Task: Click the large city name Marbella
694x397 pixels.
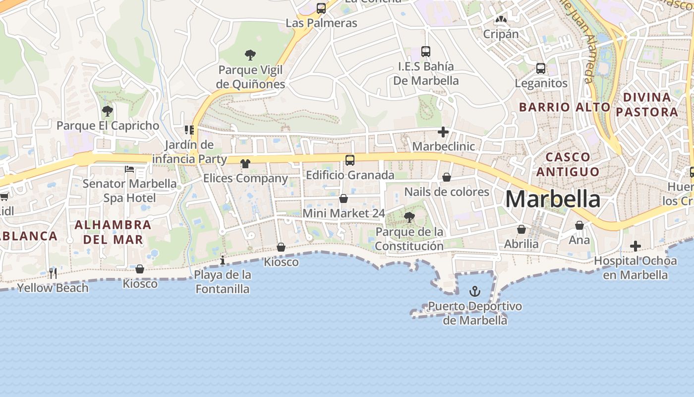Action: point(553,199)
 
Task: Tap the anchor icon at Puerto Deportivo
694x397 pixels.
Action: point(475,291)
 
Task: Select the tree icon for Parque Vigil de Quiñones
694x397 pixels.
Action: point(250,55)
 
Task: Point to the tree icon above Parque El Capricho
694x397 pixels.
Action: point(107,111)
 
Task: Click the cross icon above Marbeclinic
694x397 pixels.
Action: point(443,132)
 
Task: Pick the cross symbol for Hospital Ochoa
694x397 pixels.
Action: point(635,246)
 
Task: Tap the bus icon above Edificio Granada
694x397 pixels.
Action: point(350,160)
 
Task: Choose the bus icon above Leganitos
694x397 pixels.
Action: point(541,68)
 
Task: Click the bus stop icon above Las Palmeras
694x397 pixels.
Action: point(321,8)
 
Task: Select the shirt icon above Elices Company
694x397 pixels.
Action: point(245,163)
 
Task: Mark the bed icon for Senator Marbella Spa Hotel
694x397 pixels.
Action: point(129,169)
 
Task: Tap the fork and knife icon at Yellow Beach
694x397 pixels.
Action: point(53,273)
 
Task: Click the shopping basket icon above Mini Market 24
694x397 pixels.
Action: point(344,198)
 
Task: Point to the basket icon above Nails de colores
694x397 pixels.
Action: point(447,177)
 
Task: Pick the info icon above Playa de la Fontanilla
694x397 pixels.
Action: point(223,260)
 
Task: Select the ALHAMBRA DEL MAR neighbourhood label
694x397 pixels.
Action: point(113,232)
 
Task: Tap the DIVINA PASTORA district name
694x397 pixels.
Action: point(647,104)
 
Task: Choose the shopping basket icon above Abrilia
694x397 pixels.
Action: point(521,229)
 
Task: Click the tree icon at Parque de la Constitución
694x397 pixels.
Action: point(409,217)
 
